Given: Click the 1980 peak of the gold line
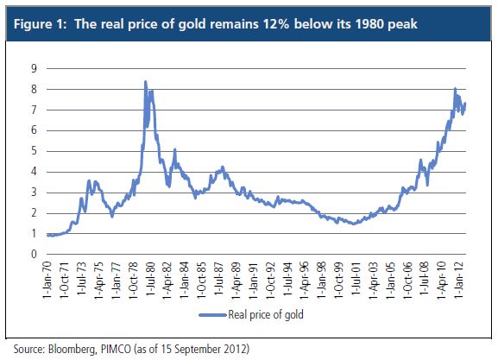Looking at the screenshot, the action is pyautogui.click(x=146, y=82).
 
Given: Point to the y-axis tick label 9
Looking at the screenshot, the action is pyautogui.click(x=34, y=68).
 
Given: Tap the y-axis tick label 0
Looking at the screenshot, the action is pyautogui.click(x=34, y=254).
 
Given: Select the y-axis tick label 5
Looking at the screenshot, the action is pyautogui.click(x=34, y=151).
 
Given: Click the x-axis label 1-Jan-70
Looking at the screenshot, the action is pyautogui.click(x=47, y=280).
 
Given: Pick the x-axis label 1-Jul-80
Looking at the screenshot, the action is pyautogui.click(x=150, y=279).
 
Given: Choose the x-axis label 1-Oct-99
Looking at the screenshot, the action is pyautogui.click(x=338, y=280).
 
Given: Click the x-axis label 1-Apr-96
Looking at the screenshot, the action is pyautogui.click(x=305, y=280).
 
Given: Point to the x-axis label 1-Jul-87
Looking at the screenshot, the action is pyautogui.click(x=219, y=279).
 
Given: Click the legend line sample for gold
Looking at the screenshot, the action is pyautogui.click(x=213, y=315).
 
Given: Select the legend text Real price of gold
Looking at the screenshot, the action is pyautogui.click(x=266, y=314).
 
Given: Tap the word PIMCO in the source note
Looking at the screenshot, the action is pyautogui.click(x=116, y=349).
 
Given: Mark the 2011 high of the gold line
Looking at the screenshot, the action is pyautogui.click(x=455, y=89).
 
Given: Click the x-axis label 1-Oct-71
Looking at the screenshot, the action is pyautogui.click(x=65, y=280).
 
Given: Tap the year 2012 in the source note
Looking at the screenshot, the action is pyautogui.click(x=235, y=349).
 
